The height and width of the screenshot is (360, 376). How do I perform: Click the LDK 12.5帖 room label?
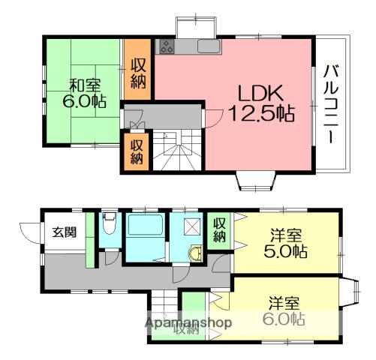[x=260, y=103]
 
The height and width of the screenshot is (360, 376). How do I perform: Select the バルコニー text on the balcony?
[x=329, y=105]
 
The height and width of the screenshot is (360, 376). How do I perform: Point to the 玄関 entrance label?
[x=64, y=232]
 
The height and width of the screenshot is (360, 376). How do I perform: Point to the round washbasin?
[x=197, y=252]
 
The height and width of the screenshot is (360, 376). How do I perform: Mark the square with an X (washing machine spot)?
[x=191, y=227]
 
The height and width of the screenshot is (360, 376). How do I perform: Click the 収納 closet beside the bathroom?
[x=219, y=229]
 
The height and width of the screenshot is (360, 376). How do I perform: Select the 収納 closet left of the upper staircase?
[x=136, y=151]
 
